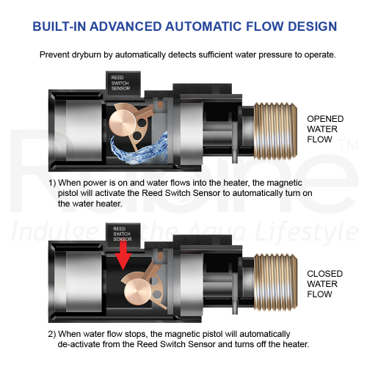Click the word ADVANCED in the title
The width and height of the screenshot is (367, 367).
(x=126, y=26)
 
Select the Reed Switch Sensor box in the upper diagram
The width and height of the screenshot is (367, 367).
(x=123, y=83)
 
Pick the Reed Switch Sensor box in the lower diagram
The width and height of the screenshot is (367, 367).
(x=123, y=234)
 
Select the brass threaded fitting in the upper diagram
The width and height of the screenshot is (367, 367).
(x=275, y=130)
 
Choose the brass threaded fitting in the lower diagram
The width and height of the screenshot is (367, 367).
(x=276, y=282)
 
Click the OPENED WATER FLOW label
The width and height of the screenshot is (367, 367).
(x=325, y=129)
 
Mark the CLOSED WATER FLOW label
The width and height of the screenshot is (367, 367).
(x=324, y=284)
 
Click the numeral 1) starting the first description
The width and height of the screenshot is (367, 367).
(x=52, y=183)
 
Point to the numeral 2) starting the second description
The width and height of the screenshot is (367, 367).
(x=52, y=334)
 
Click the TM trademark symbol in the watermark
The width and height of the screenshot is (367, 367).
(x=349, y=145)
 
